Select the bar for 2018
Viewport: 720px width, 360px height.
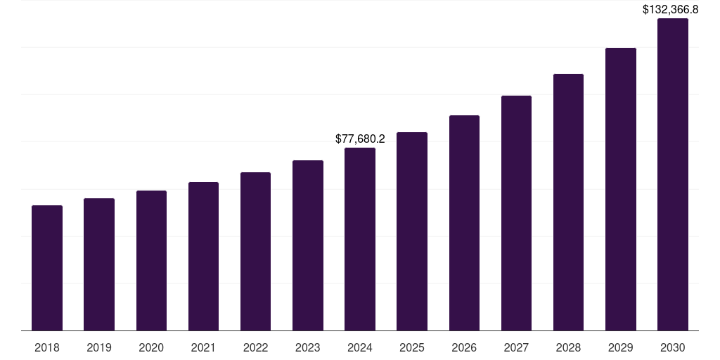click(x=47, y=268)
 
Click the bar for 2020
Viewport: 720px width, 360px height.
click(x=151, y=261)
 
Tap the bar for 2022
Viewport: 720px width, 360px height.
click(x=255, y=252)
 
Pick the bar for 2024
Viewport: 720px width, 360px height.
click(x=360, y=239)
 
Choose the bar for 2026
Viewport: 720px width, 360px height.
click(x=464, y=223)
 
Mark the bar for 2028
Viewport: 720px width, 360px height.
click(x=568, y=202)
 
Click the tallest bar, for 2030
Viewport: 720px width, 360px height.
click(x=672, y=174)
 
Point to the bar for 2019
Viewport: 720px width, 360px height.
click(x=99, y=264)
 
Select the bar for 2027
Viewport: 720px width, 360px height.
click(x=516, y=213)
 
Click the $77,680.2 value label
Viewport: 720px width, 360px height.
click(x=360, y=139)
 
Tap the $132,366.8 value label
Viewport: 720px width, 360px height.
click(x=672, y=10)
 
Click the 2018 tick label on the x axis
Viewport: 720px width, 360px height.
click(x=47, y=347)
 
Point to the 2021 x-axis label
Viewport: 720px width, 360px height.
click(x=203, y=347)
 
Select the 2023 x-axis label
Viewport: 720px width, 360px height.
click(x=307, y=347)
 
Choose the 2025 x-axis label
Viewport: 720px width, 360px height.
click(x=412, y=347)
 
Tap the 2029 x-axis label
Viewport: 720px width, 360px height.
click(x=620, y=347)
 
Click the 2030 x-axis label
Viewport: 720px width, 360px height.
click(x=672, y=347)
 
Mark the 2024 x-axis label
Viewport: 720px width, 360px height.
click(x=360, y=347)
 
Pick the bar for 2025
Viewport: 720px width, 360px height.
click(x=412, y=231)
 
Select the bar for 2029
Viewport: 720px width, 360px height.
click(x=620, y=189)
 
